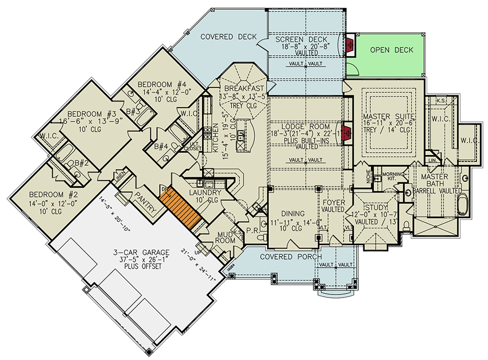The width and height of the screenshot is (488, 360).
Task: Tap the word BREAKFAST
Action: pyautogui.click(x=244, y=88)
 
